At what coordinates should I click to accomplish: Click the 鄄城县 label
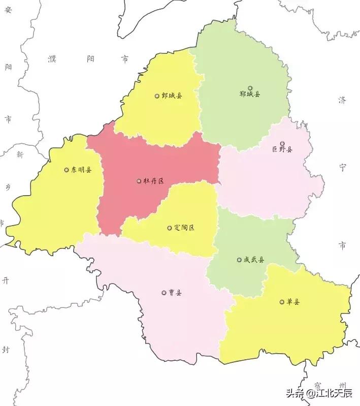tap(172, 96)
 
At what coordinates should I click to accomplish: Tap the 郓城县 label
tap(250, 94)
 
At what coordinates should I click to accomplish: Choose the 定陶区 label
tap(184, 228)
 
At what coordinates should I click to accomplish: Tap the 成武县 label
tap(254, 260)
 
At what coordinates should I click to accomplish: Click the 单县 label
tap(293, 302)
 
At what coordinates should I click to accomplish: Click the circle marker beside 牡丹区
tap(139, 181)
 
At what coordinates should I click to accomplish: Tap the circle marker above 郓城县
tap(250, 88)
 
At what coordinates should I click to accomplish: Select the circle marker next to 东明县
tap(67, 170)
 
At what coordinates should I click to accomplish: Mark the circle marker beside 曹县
tap(164, 293)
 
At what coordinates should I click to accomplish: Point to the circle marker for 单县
tap(282, 302)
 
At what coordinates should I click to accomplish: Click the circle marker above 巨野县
tap(282, 144)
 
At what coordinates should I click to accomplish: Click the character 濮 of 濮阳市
tap(52, 59)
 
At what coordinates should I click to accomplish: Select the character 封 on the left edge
tap(6, 350)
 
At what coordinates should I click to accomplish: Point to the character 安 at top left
tap(8, 13)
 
